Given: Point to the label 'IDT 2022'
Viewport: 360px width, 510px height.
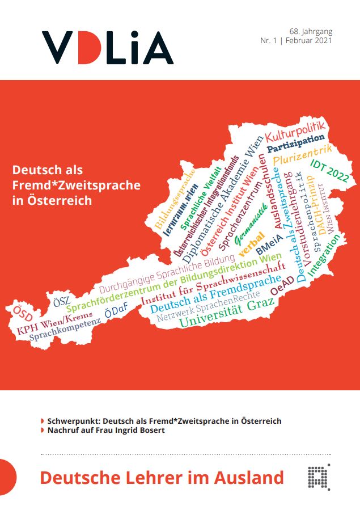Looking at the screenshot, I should [x=329, y=168].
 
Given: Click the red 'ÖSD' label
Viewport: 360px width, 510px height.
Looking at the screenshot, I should [x=22, y=313].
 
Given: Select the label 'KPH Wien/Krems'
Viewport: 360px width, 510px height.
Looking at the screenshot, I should [x=54, y=323].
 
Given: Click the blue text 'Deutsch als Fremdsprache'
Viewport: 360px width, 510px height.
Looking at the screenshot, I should [x=215, y=294].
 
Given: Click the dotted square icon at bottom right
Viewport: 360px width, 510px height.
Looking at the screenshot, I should [x=319, y=477].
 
